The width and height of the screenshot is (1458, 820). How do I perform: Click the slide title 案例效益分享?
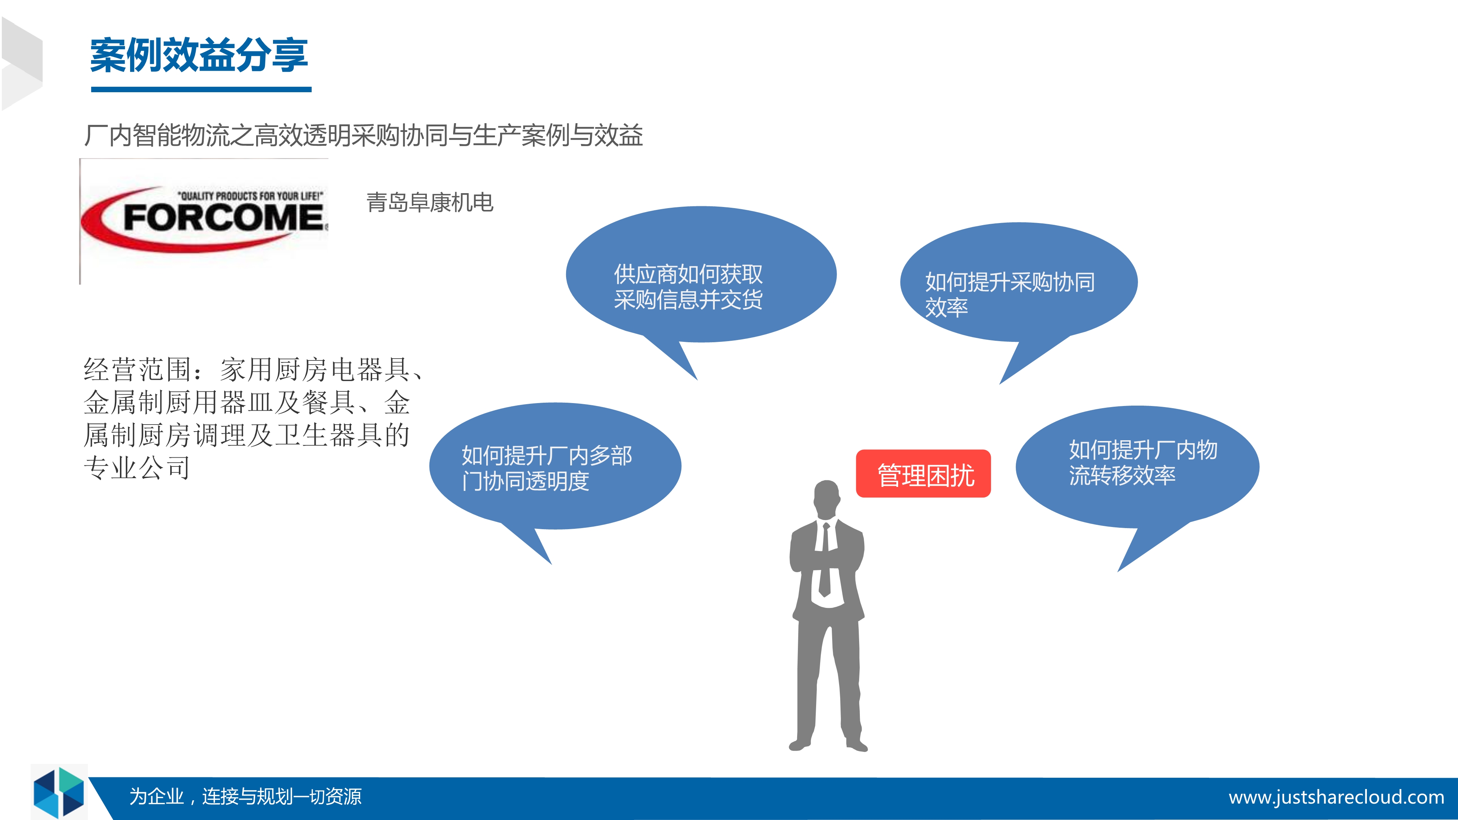click(199, 55)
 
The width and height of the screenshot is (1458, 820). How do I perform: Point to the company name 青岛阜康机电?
click(430, 202)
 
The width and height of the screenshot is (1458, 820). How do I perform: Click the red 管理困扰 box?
click(923, 474)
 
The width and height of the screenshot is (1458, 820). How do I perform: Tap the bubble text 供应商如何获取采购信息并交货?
click(688, 287)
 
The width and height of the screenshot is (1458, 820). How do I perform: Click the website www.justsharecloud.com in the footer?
click(1336, 797)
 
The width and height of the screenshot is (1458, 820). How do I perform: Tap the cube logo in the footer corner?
click(59, 792)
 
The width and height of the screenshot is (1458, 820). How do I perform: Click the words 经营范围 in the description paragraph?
click(137, 370)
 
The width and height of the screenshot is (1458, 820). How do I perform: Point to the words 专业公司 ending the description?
click(137, 468)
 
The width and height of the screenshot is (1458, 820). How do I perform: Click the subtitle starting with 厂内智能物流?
click(363, 135)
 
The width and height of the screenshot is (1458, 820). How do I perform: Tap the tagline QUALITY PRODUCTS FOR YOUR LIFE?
click(251, 196)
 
